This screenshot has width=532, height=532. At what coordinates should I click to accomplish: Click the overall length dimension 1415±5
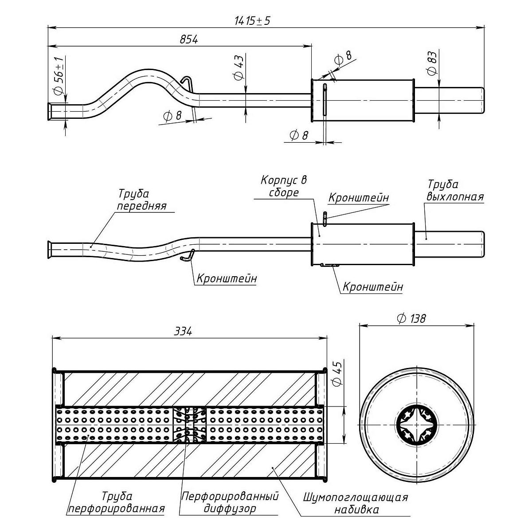tap(251, 20)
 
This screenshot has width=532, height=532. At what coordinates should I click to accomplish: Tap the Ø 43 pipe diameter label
tap(239, 68)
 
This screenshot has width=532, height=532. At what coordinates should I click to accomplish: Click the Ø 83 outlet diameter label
tap(432, 63)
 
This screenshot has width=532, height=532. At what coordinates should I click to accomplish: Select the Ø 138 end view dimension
tap(412, 318)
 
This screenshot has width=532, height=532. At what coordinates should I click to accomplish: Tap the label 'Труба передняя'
tap(141, 200)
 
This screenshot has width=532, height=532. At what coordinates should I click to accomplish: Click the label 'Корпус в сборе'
tap(283, 186)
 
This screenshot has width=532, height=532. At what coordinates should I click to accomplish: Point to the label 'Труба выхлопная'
tap(454, 191)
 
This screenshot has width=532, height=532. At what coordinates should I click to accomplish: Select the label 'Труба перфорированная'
tap(116, 502)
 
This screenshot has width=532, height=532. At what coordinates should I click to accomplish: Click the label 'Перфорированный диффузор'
tap(230, 502)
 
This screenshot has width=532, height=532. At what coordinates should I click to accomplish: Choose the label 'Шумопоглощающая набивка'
tap(355, 503)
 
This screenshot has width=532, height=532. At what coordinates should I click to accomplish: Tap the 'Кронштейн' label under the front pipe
tap(227, 278)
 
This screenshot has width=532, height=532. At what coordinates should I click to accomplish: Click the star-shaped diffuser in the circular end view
tap(417, 425)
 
